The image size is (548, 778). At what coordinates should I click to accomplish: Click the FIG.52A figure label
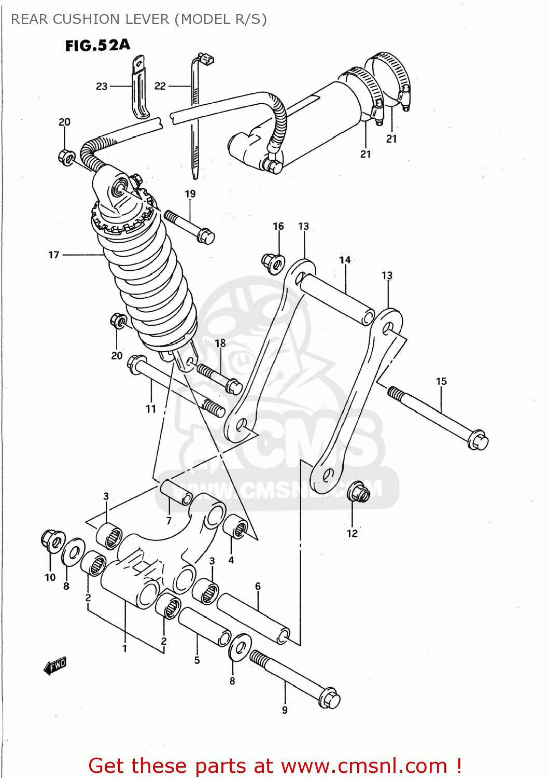tap(97, 46)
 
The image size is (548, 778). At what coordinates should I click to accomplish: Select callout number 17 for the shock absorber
tap(54, 255)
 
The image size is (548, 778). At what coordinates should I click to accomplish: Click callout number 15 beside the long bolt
tap(441, 381)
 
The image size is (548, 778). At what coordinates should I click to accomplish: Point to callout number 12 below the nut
tap(352, 533)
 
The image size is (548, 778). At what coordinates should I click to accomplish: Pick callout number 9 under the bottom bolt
tap(285, 710)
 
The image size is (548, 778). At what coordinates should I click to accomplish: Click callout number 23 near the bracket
tap(102, 86)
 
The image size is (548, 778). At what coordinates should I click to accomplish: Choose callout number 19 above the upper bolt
tap(190, 193)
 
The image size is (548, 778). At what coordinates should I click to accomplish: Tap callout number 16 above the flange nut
tap(278, 226)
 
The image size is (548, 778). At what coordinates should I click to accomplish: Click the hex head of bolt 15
tap(478, 440)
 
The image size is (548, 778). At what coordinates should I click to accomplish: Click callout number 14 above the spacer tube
tap(345, 260)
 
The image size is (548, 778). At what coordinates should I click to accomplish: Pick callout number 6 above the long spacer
tap(258, 586)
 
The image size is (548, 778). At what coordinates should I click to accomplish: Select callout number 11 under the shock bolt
tap(151, 409)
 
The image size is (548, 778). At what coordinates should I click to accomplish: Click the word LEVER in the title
tap(149, 19)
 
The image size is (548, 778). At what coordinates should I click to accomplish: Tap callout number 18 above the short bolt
tap(220, 343)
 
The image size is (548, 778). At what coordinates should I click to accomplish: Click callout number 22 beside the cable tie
tap(160, 86)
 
